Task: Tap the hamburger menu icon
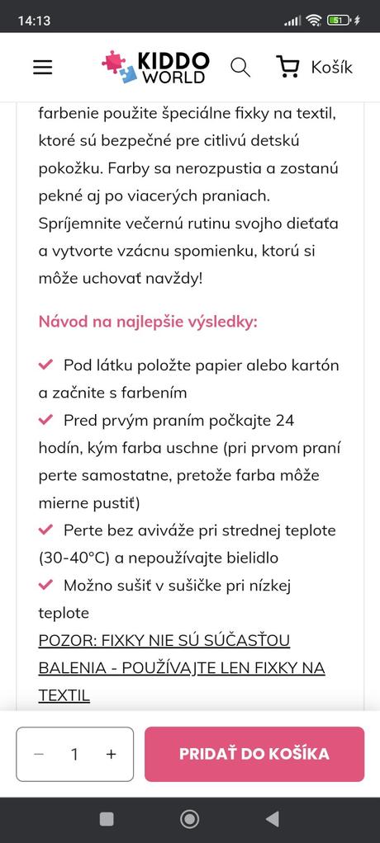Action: click(43, 68)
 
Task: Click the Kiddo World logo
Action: click(155, 67)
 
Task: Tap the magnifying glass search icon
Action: click(240, 67)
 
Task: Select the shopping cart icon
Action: click(288, 67)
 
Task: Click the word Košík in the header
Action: click(331, 68)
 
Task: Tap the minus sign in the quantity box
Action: click(39, 754)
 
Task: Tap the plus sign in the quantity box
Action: click(112, 754)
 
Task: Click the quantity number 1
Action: click(74, 754)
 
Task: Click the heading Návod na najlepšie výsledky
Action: click(148, 320)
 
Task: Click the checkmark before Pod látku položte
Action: click(46, 365)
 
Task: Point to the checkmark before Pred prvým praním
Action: click(46, 420)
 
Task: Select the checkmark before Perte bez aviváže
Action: click(46, 530)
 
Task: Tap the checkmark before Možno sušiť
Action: click(46, 585)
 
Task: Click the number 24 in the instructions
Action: click(284, 420)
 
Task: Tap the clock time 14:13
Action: click(34, 20)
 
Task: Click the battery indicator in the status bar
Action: click(339, 20)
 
